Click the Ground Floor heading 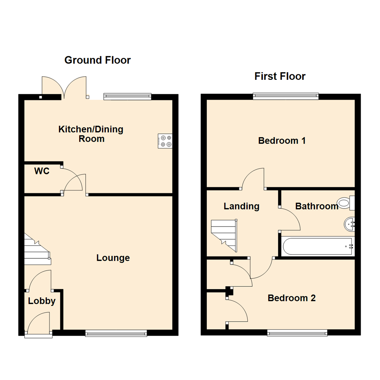(97, 60)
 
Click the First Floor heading (280, 76)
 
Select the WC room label (42, 171)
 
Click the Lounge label (113, 258)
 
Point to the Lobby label (42, 301)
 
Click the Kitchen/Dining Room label (91, 134)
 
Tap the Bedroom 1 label (281, 141)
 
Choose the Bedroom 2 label (292, 298)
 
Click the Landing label (241, 206)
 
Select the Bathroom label (317, 206)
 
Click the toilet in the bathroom (346, 203)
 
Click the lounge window (116, 333)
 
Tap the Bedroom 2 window (297, 332)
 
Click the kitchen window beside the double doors (127, 96)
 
